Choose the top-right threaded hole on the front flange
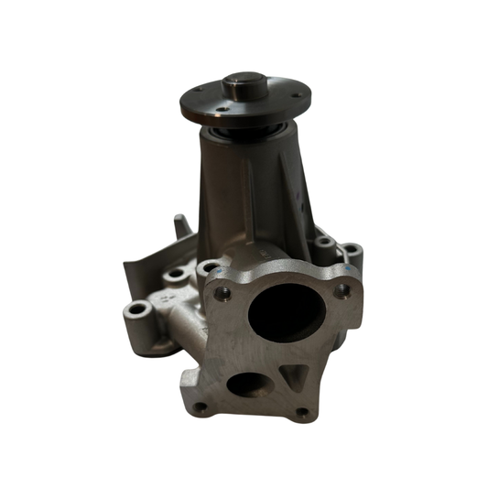point(343,291)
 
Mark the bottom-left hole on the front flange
point(199,406)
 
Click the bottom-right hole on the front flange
point(303,413)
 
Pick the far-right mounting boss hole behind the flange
point(349,249)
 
